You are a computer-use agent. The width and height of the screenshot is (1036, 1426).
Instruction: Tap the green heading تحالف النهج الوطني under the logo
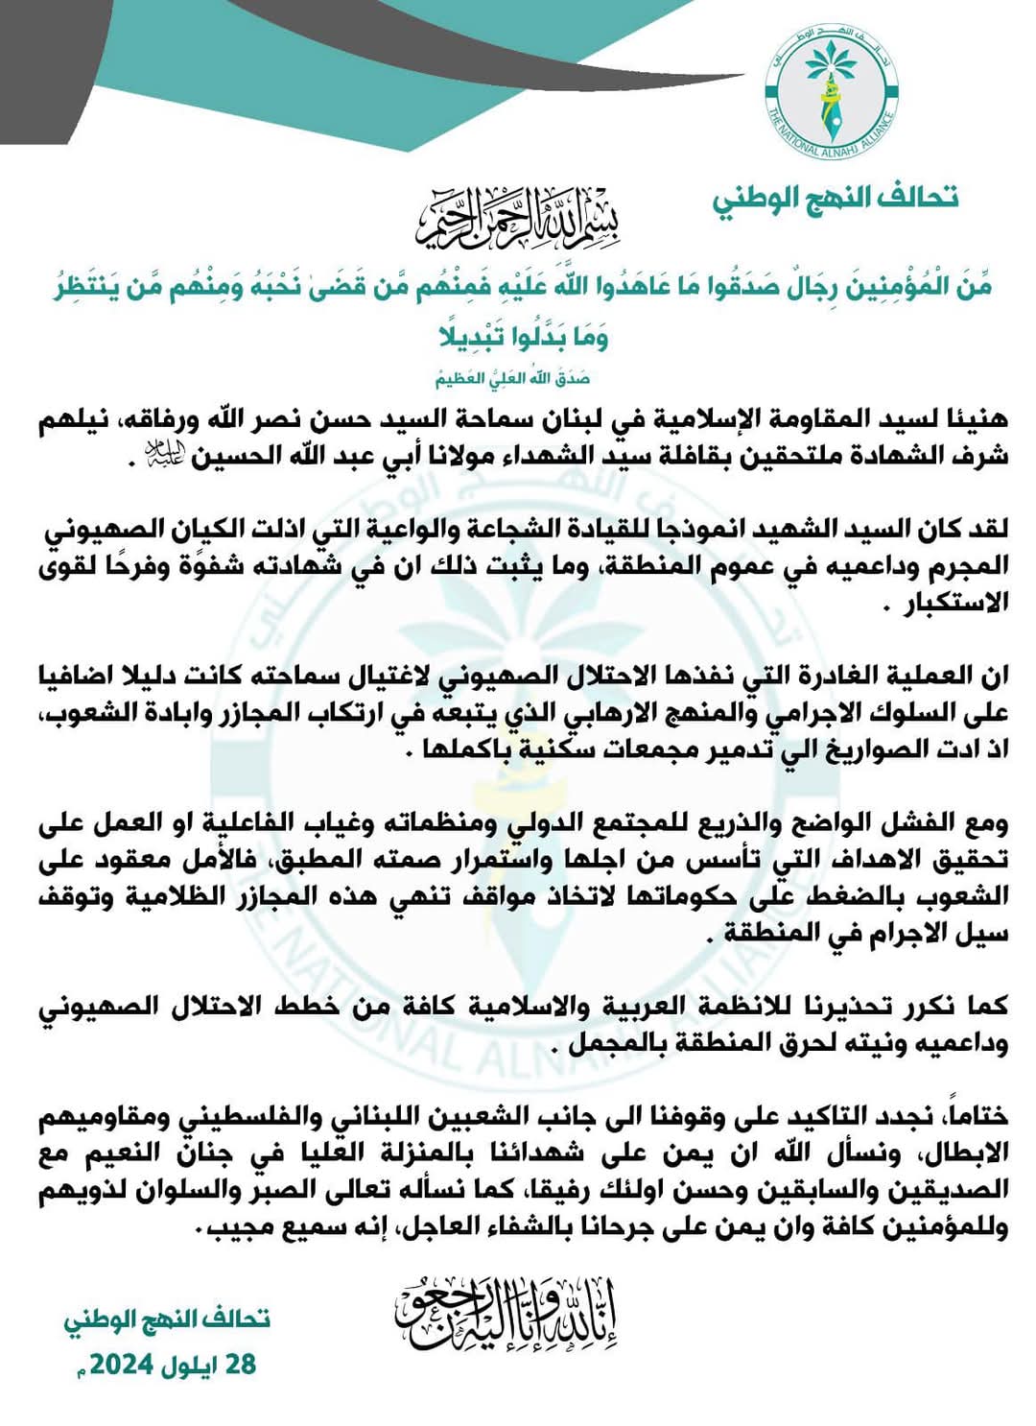[835, 199]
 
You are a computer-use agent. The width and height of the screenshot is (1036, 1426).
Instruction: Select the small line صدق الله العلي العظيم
[513, 378]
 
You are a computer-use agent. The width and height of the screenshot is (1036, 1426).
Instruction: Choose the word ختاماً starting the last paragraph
[978, 1117]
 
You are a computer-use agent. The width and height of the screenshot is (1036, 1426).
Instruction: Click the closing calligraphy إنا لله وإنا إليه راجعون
[506, 1313]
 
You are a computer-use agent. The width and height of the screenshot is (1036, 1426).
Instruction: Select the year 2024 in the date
[124, 1364]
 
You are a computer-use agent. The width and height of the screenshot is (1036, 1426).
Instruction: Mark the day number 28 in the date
[239, 1364]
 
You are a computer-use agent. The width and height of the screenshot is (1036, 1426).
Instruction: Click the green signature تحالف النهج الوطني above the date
[167, 1319]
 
